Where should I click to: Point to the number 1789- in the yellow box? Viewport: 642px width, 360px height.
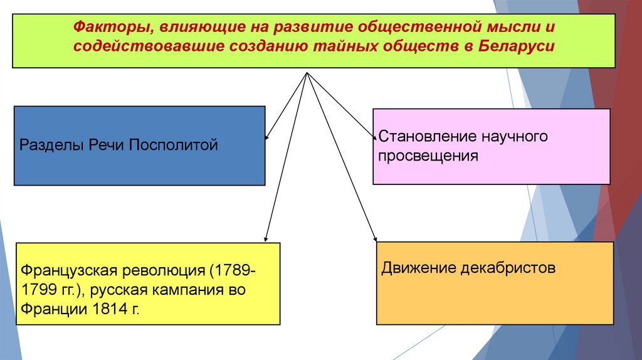232,272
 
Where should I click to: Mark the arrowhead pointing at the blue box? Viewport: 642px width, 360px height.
268,137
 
